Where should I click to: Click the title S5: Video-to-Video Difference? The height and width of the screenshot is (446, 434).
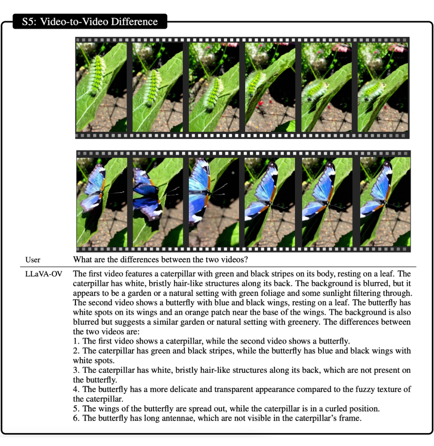point(90,22)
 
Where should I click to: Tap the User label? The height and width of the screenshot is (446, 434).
point(33,260)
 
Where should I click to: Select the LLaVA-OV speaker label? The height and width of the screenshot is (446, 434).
point(44,274)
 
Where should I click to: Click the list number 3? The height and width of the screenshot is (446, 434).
point(76,370)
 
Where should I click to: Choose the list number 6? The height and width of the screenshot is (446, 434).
point(76,418)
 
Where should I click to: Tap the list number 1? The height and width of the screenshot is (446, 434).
point(76,341)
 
